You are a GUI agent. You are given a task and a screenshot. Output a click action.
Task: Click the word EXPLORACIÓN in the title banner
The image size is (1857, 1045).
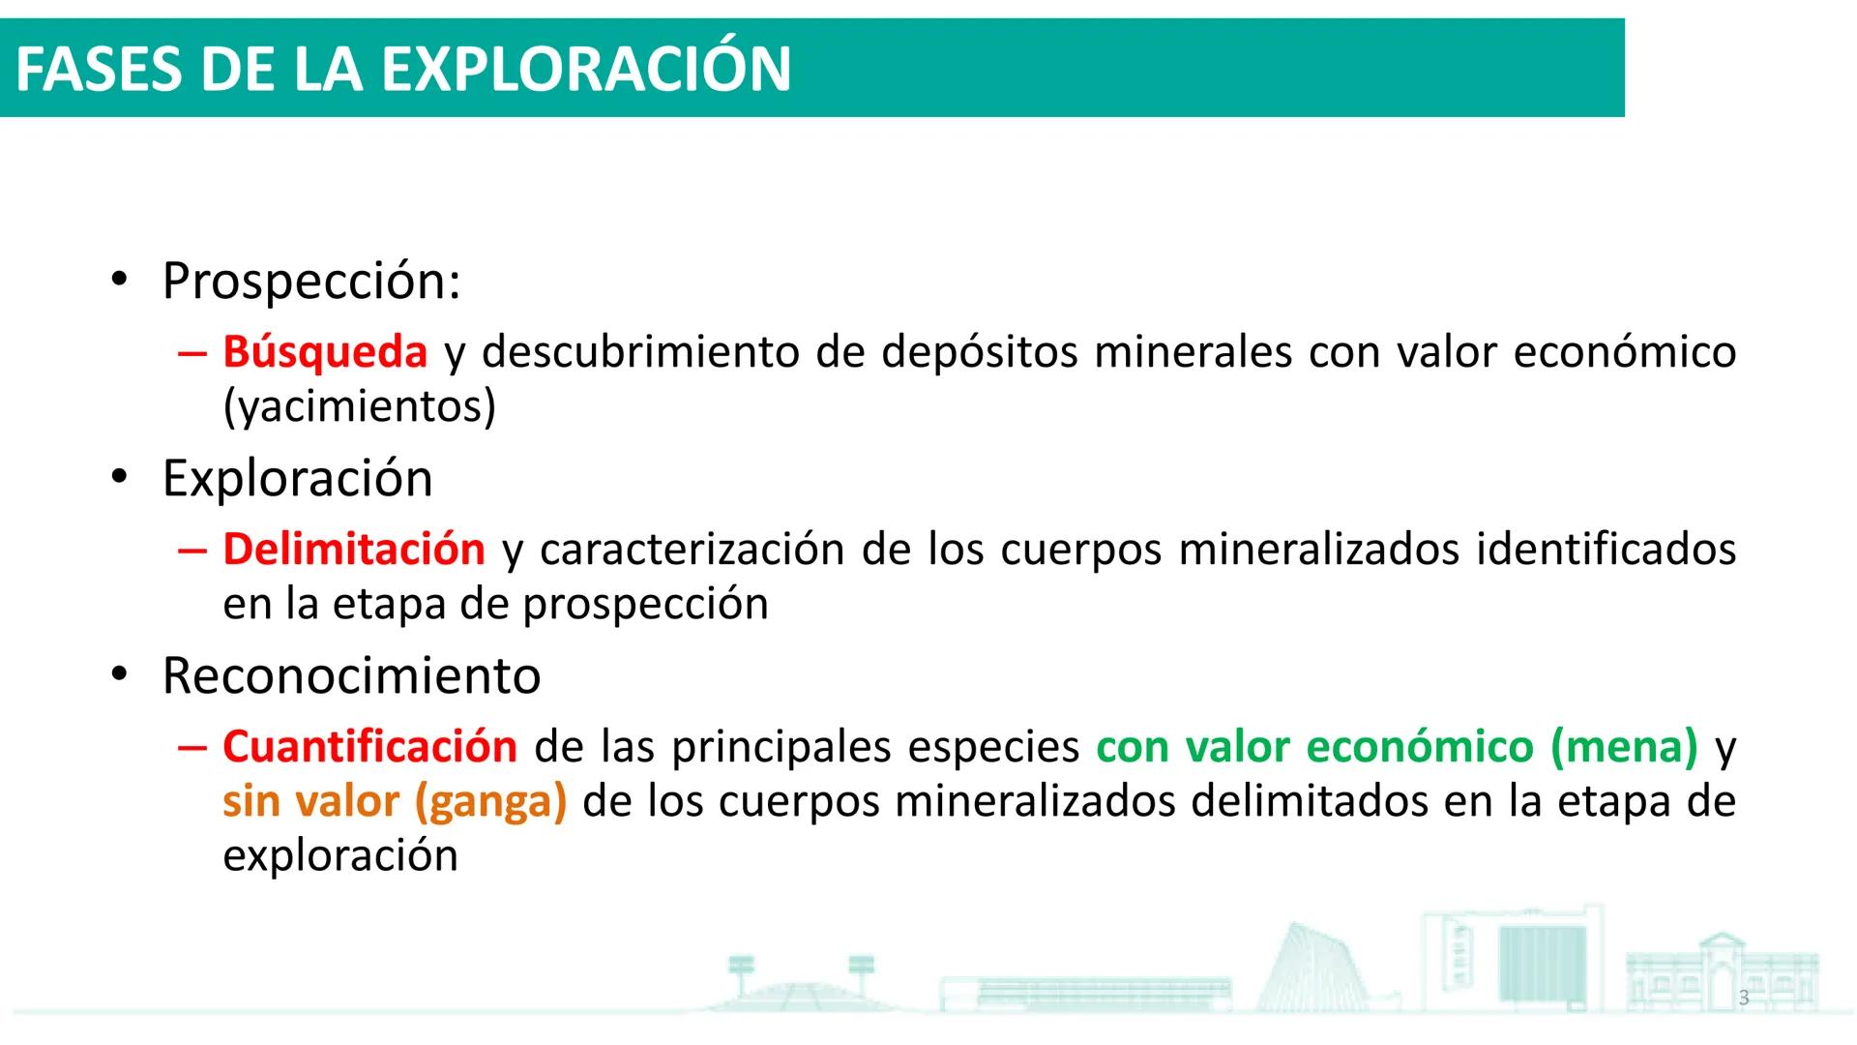pos(586,69)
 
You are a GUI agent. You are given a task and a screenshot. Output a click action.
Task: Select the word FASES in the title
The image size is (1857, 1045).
pos(98,70)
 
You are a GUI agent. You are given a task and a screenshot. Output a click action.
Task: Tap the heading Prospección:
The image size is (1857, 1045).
pos(311,282)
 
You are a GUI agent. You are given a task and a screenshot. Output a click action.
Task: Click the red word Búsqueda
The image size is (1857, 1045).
pos(325,351)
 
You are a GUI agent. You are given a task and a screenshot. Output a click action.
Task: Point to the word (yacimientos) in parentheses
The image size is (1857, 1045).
pos(359,406)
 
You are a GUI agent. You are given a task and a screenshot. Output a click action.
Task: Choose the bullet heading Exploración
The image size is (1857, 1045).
pos(297,479)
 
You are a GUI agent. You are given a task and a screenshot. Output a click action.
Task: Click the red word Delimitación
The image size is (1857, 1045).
pos(354,550)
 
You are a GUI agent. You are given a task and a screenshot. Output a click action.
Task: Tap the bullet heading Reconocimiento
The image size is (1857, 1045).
pos(351,675)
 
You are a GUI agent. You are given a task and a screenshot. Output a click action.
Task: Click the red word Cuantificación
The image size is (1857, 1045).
pos(370,747)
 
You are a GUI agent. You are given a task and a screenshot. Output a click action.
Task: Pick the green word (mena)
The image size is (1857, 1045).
pos(1624,747)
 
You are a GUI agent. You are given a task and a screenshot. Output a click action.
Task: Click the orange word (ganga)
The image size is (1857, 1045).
pos(490,802)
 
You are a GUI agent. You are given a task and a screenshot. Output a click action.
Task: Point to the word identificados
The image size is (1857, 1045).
pos(1606,550)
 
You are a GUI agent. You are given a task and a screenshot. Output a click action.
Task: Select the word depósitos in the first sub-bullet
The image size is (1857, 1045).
pos(979,351)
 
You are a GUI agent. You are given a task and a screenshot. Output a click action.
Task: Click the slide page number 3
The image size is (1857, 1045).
pos(1744,998)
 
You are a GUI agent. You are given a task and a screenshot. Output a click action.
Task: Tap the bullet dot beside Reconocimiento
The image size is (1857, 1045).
pos(119,675)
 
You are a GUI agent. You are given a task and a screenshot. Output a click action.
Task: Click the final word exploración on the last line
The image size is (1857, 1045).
pos(340,856)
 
